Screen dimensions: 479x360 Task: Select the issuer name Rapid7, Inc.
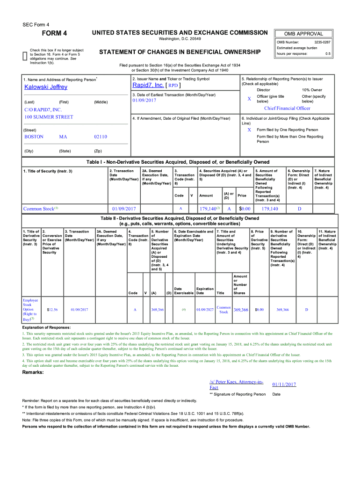click(148, 86)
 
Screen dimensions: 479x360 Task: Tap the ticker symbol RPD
click(173, 86)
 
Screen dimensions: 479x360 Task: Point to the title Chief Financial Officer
click(287, 108)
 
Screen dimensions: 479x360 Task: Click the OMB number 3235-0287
click(322, 42)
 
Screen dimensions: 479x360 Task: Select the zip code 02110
click(101, 137)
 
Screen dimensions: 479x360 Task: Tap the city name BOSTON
click(34, 137)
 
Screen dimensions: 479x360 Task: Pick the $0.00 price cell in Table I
click(245, 209)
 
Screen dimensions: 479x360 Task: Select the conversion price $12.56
click(52, 309)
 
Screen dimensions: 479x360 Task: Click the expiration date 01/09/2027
click(205, 309)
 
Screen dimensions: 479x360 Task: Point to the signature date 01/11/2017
click(284, 385)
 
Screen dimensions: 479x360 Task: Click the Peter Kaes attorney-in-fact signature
click(236, 385)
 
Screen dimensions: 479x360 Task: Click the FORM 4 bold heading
click(55, 33)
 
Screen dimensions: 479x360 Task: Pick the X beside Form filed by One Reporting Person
click(249, 130)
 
